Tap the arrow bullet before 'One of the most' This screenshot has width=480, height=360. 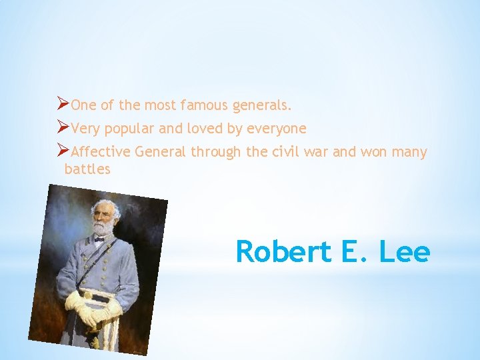click(x=63, y=104)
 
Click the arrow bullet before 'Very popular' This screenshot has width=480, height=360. click(x=63, y=127)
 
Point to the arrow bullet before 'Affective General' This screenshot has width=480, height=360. click(x=63, y=151)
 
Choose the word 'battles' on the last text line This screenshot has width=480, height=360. click(x=87, y=169)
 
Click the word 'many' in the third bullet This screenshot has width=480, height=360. click(x=409, y=152)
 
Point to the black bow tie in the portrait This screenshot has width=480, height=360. click(x=99, y=239)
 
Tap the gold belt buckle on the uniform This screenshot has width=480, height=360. click(x=87, y=293)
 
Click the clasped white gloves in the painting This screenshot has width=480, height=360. click(x=93, y=308)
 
